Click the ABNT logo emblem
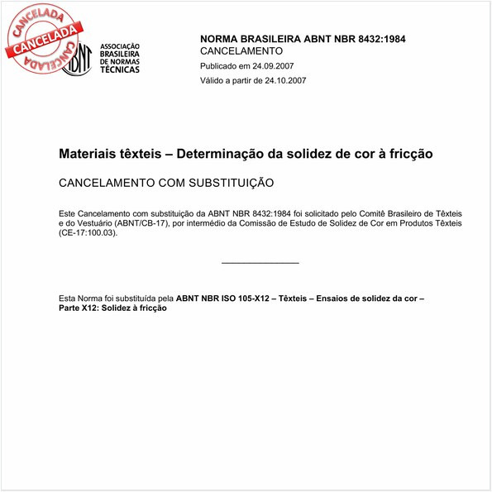pyautogui.click(x=77, y=59)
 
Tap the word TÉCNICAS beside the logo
pyautogui.click(x=120, y=70)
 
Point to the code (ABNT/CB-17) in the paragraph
pyautogui.click(x=129, y=223)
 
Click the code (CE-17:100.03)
pyautogui.click(x=88, y=233)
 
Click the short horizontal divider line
pyautogui.click(x=260, y=263)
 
